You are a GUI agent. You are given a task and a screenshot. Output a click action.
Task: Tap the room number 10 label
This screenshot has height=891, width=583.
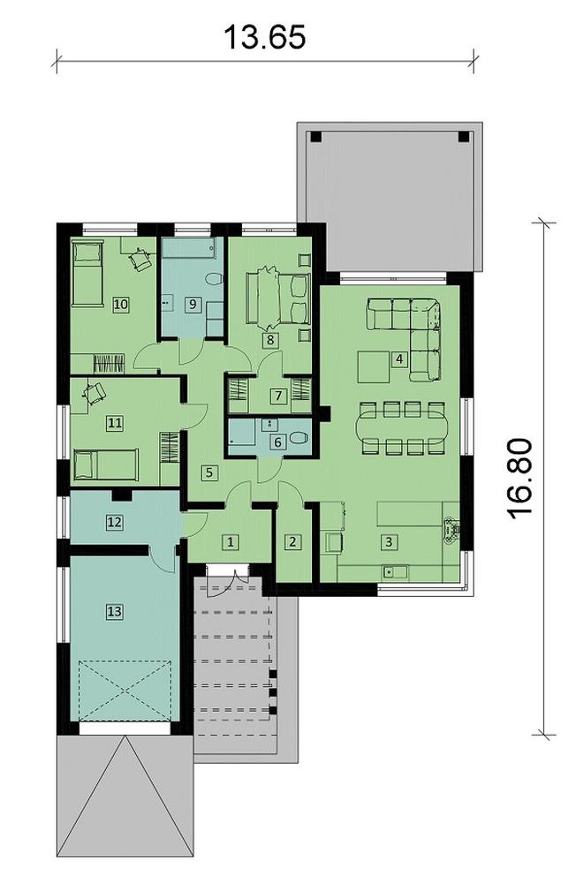[x=121, y=304]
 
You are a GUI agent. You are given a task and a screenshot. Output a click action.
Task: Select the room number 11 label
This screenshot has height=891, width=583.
[x=114, y=423]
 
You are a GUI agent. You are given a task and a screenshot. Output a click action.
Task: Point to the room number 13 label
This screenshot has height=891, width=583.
[x=114, y=610]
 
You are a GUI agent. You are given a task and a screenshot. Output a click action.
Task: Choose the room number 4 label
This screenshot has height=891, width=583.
[x=399, y=359]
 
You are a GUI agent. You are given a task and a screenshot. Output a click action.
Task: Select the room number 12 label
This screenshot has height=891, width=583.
[x=114, y=522]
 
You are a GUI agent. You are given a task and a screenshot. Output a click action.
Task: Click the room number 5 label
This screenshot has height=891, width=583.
[x=208, y=472]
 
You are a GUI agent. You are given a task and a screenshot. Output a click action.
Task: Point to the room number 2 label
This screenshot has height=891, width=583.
[x=293, y=541]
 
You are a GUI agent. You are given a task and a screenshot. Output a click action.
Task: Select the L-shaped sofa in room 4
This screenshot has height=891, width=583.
[x=414, y=327]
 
